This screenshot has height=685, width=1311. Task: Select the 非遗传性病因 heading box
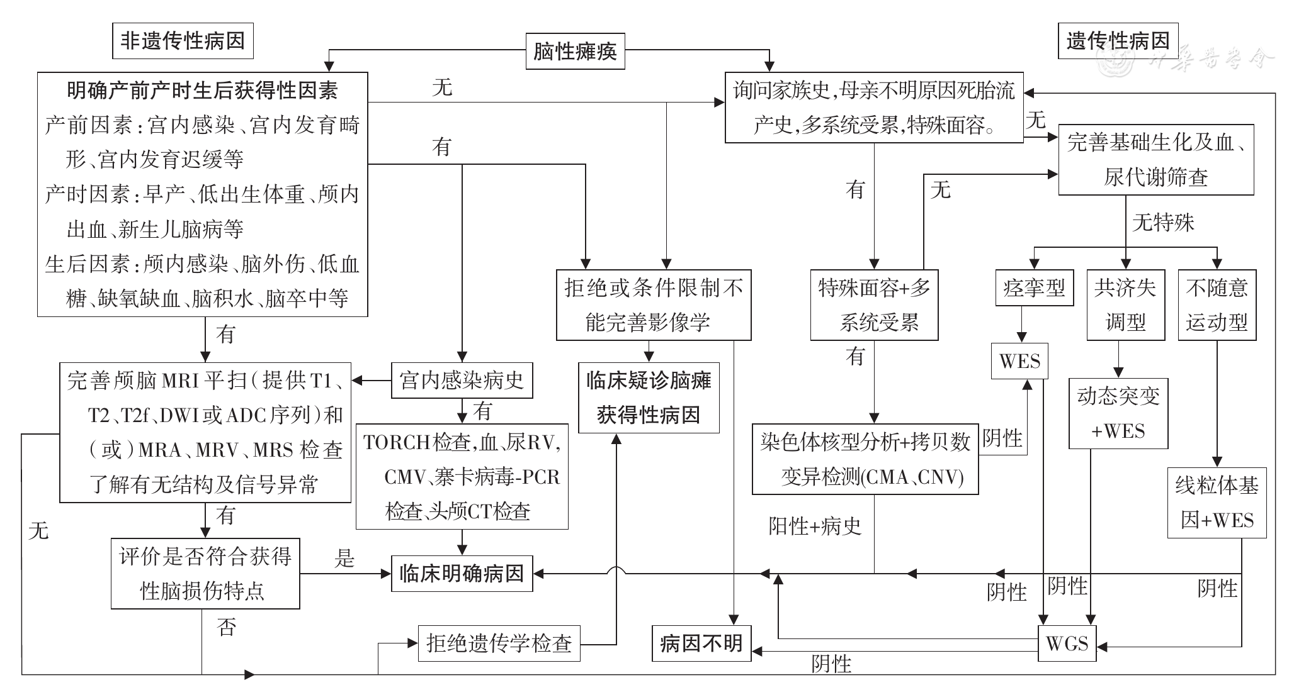click(x=183, y=42)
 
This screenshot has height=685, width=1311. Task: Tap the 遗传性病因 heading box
click(x=1118, y=42)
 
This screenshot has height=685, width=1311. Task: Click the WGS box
click(x=1067, y=643)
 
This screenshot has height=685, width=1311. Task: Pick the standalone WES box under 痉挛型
click(x=1019, y=361)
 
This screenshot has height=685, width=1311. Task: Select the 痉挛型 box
click(x=1034, y=288)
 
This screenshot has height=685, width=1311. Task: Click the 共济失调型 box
click(x=1125, y=305)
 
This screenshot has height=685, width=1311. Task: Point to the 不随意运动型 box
click(x=1217, y=305)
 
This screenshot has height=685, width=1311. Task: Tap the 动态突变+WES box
click(x=1118, y=413)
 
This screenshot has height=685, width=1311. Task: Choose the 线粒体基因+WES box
click(x=1217, y=503)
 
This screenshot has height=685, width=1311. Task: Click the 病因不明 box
click(x=701, y=643)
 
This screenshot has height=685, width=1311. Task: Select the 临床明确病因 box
click(x=462, y=574)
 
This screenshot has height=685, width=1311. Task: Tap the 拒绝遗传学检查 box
click(x=499, y=643)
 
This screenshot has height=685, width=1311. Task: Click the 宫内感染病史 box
click(x=462, y=380)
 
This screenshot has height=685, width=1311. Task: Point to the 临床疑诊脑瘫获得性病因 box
click(x=649, y=398)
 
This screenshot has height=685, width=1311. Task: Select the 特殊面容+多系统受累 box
click(x=874, y=305)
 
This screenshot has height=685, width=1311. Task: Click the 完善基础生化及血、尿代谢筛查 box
click(x=1155, y=160)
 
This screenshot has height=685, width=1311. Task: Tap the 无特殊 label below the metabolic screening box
click(x=1163, y=223)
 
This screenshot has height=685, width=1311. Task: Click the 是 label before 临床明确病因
click(x=344, y=558)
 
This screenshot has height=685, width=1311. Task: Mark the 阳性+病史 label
click(x=815, y=526)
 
